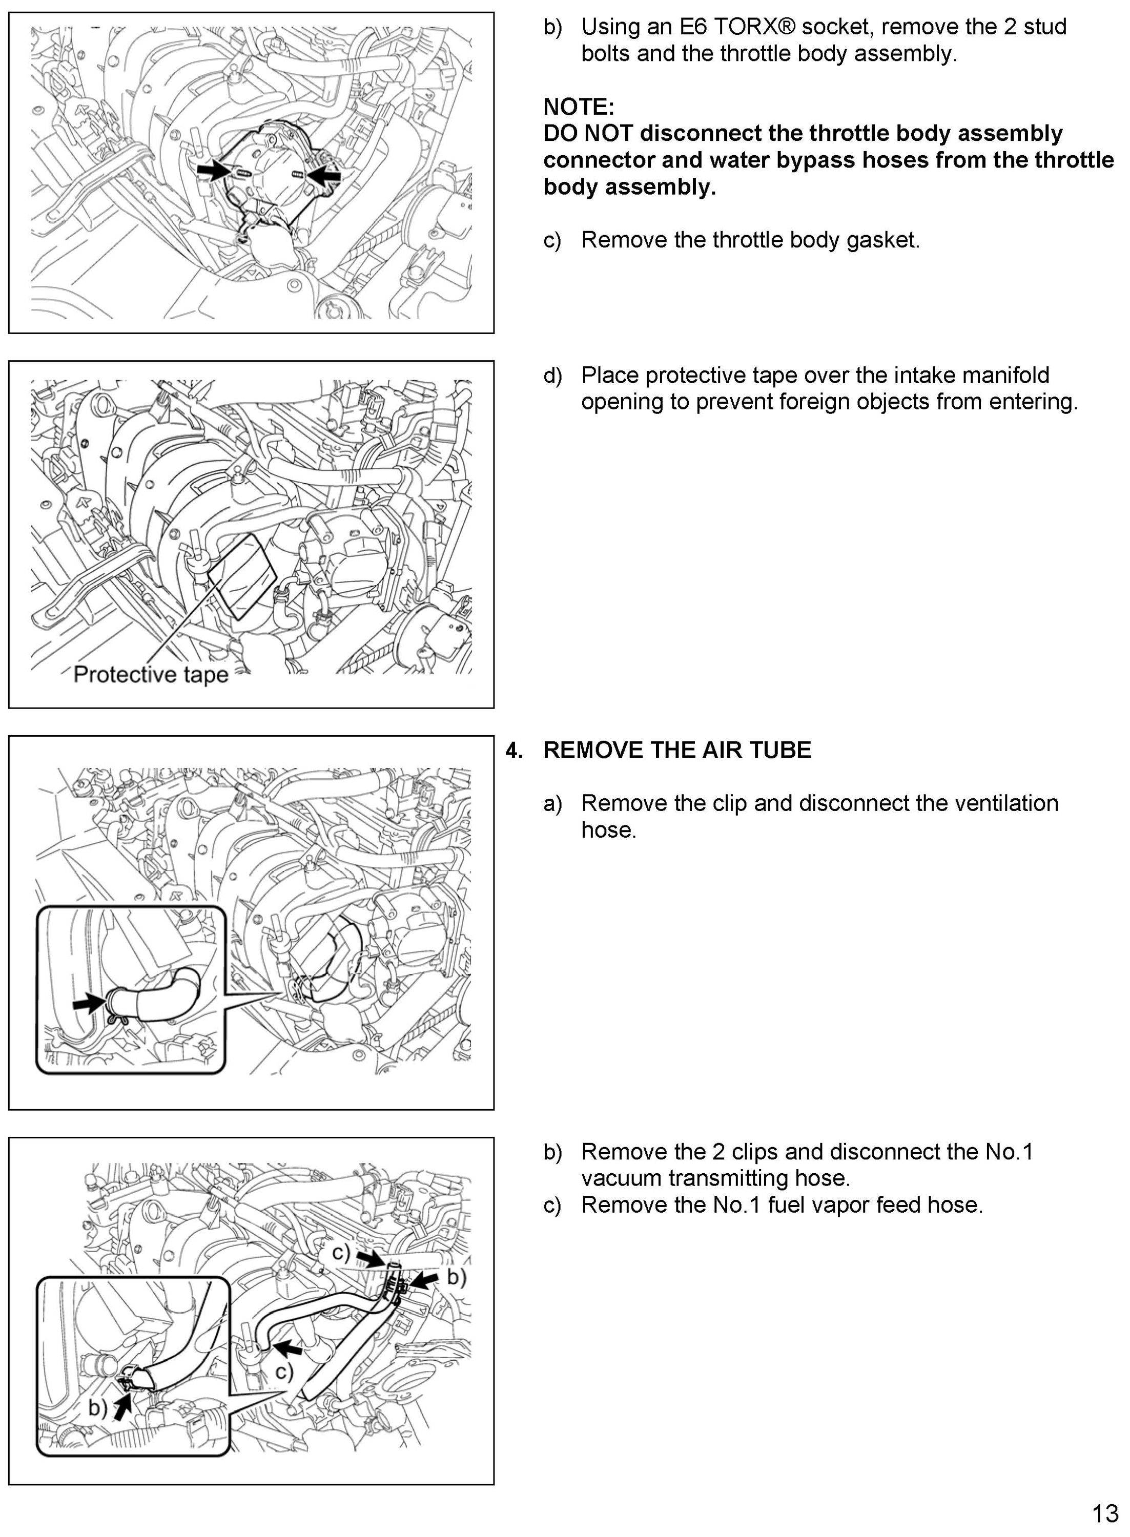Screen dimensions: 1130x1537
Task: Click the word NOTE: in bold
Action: coord(579,107)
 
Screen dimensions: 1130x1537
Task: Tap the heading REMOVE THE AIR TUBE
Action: coord(676,750)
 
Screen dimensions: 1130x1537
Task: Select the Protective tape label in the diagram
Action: coord(151,674)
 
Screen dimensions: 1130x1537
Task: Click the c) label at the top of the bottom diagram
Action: coord(341,1252)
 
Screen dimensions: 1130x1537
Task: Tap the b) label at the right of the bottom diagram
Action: coord(456,1277)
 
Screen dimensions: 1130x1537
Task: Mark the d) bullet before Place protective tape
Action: coord(552,376)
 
